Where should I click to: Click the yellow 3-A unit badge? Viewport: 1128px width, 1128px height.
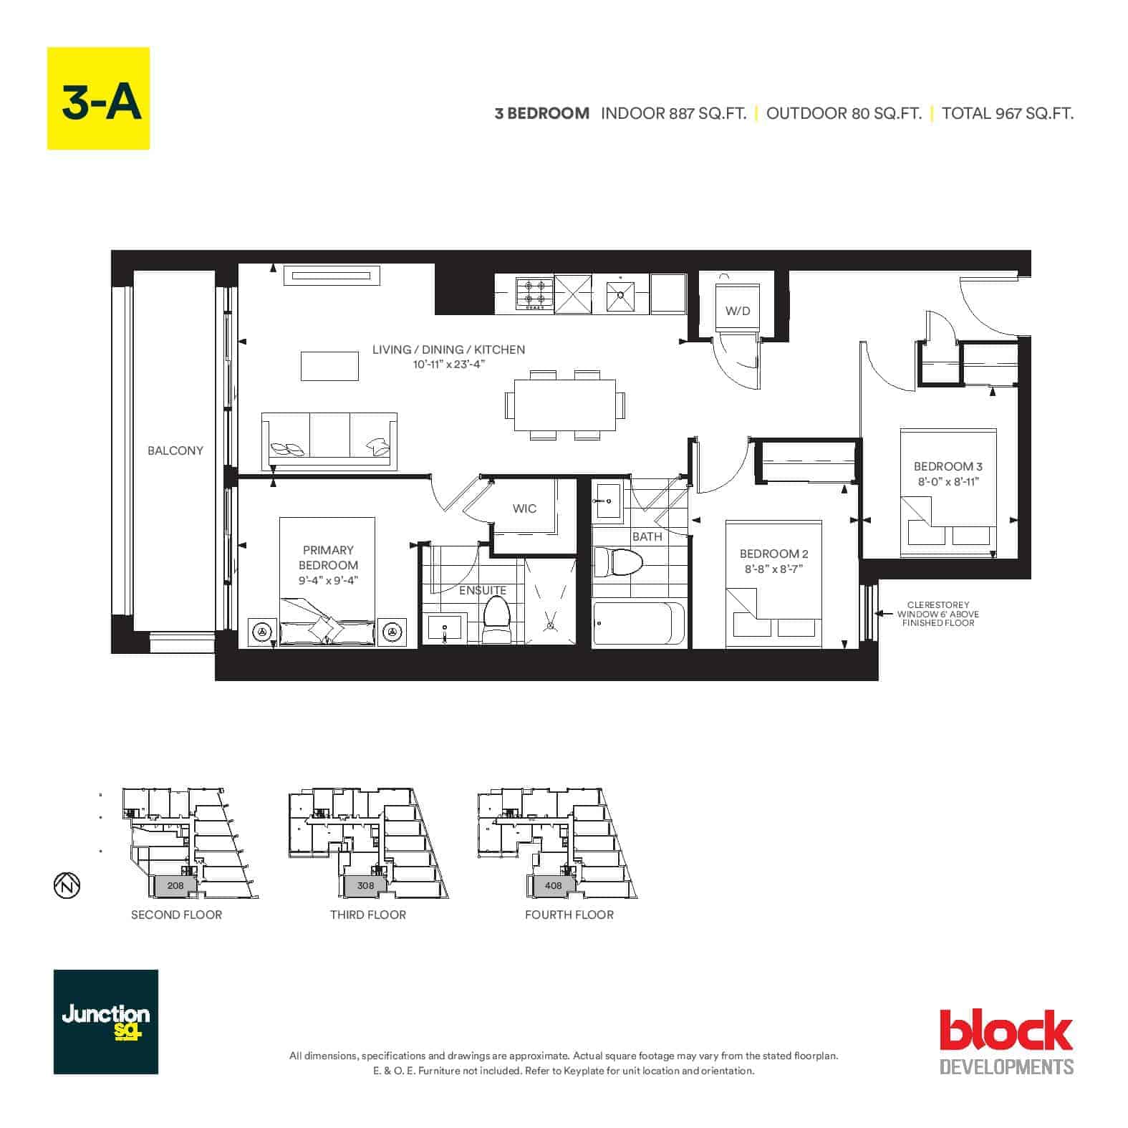98,98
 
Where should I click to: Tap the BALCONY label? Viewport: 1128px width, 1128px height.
175,450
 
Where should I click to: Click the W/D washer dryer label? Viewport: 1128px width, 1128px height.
738,311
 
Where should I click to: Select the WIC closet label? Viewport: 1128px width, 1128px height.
524,508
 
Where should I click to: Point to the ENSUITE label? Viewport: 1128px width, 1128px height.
483,590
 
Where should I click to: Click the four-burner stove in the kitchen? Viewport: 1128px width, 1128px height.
534,294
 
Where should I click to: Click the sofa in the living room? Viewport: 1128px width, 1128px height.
329,440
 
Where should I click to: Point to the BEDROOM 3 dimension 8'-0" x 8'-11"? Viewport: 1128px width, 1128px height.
948,482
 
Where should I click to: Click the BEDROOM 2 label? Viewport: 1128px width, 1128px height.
774,554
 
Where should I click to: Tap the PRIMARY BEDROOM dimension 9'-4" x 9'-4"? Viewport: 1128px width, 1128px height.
328,581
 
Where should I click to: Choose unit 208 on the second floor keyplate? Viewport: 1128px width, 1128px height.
175,885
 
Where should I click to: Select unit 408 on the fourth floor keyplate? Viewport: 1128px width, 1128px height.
553,885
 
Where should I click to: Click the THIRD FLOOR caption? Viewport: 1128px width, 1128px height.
368,915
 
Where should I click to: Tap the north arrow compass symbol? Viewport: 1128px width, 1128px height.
67,887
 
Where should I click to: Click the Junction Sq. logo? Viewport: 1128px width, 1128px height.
106,1022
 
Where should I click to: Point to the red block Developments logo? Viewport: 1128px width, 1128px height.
1006,1041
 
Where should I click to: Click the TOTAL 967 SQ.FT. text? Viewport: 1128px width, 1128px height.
1008,113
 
